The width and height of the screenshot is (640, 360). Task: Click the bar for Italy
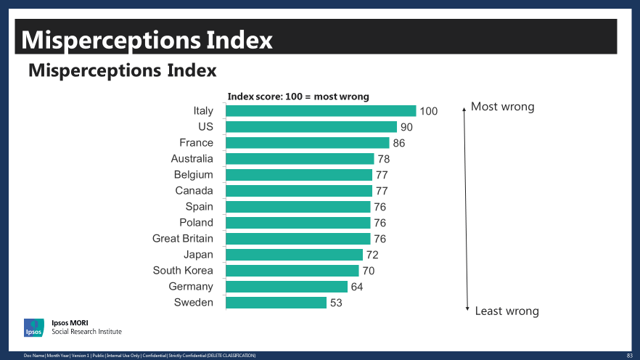click(321, 111)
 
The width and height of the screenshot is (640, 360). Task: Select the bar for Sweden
click(276, 303)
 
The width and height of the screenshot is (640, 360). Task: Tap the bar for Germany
click(287, 287)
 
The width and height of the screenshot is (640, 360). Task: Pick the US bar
click(311, 127)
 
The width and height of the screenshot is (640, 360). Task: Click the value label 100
click(429, 111)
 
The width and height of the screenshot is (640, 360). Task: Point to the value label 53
click(336, 303)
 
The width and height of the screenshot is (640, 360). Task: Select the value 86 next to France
click(399, 143)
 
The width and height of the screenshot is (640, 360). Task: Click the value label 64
click(357, 287)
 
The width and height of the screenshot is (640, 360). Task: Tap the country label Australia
click(192, 159)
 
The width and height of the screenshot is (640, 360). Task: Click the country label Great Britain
click(183, 239)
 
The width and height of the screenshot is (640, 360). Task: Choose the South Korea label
click(183, 271)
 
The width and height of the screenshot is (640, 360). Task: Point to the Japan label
click(198, 255)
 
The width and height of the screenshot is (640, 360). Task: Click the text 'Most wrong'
click(502, 107)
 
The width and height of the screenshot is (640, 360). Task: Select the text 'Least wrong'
click(506, 311)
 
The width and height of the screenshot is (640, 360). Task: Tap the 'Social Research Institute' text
click(86, 332)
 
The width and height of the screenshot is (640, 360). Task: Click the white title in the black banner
click(147, 39)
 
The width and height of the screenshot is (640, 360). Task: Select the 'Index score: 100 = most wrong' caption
click(298, 97)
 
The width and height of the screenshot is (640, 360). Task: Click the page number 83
click(629, 356)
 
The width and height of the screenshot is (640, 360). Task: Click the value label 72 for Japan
click(372, 255)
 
